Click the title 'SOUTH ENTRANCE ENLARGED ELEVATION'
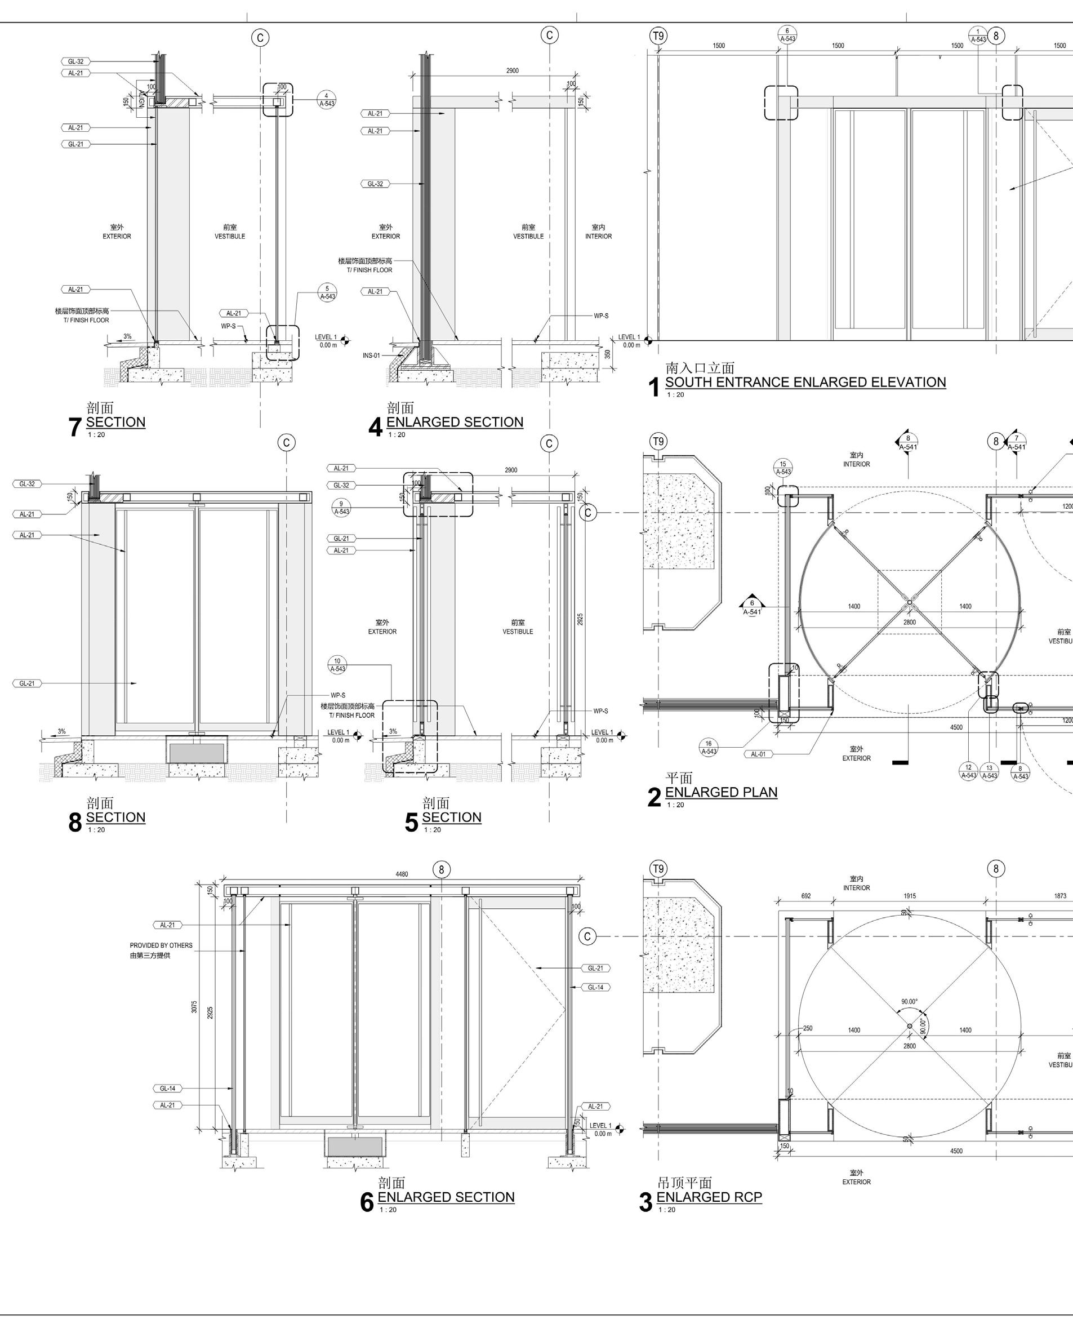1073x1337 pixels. [805, 382]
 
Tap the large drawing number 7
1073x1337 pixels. [74, 427]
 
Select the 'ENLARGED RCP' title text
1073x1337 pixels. [709, 1197]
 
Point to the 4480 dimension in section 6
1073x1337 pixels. [402, 874]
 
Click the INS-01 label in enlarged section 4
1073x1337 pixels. [371, 356]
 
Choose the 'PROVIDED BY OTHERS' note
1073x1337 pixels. [161, 945]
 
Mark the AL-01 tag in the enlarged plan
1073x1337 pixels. [758, 754]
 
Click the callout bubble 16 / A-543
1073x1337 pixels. [709, 747]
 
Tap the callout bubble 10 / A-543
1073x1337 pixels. [337, 665]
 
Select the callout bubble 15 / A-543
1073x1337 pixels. [783, 468]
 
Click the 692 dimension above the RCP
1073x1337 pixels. [806, 895]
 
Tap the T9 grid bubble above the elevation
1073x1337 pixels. [658, 36]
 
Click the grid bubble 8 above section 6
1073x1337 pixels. [442, 869]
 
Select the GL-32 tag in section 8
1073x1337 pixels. [26, 484]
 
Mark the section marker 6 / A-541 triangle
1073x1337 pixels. [752, 606]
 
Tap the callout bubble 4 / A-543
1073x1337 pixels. [327, 99]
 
